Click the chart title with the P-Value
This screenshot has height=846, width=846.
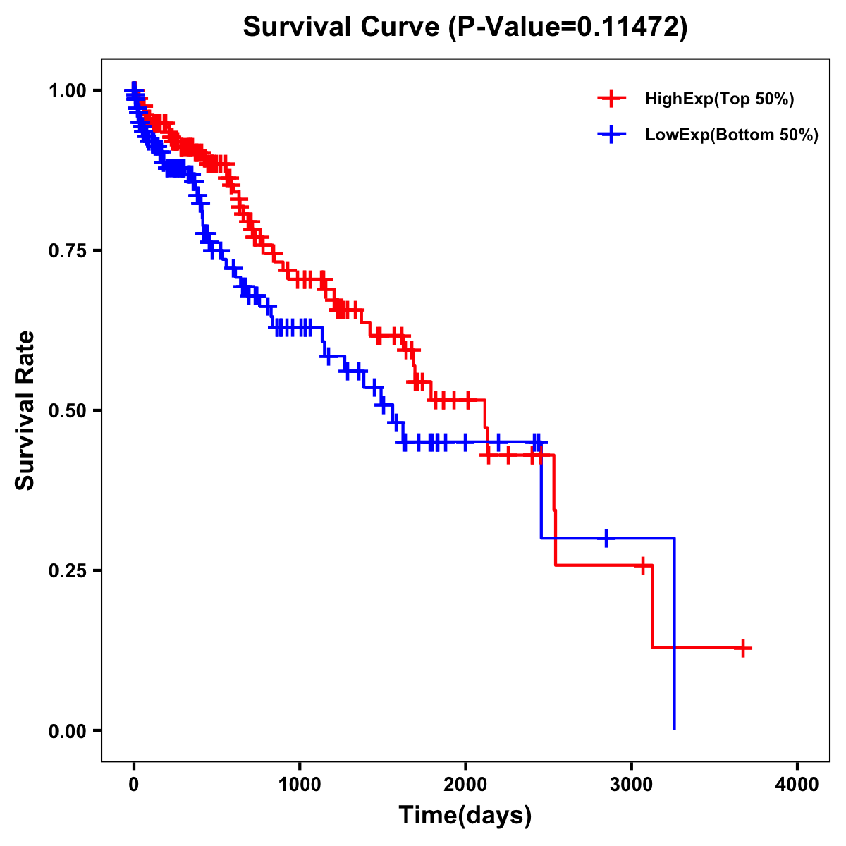pyautogui.click(x=465, y=27)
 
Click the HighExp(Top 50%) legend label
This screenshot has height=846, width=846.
pyautogui.click(x=719, y=99)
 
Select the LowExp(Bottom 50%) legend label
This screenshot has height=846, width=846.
pyautogui.click(x=732, y=135)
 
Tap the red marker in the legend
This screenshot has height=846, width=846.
pyautogui.click(x=611, y=99)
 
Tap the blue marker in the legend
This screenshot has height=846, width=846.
pyautogui.click(x=611, y=135)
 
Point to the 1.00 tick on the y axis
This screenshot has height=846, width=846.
pyautogui.click(x=67, y=90)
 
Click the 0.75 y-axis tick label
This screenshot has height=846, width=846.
pyautogui.click(x=67, y=250)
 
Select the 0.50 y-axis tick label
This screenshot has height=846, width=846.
pyautogui.click(x=67, y=410)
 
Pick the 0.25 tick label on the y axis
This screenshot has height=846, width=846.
pyautogui.click(x=67, y=570)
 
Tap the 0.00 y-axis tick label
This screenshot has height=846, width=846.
pyautogui.click(x=67, y=731)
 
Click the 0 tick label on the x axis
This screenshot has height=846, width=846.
pyautogui.click(x=134, y=785)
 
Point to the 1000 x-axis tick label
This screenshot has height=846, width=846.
pyautogui.click(x=300, y=785)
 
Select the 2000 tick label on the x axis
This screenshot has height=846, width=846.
pyautogui.click(x=465, y=785)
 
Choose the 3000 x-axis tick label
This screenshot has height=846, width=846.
pyautogui.click(x=632, y=785)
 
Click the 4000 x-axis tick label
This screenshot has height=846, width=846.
pyautogui.click(x=797, y=785)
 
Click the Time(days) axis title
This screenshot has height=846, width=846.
pyautogui.click(x=465, y=816)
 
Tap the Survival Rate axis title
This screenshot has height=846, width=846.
pyautogui.click(x=26, y=410)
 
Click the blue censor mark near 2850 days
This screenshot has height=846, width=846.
pyautogui.click(x=606, y=538)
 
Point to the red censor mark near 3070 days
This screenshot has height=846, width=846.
pyautogui.click(x=642, y=565)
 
